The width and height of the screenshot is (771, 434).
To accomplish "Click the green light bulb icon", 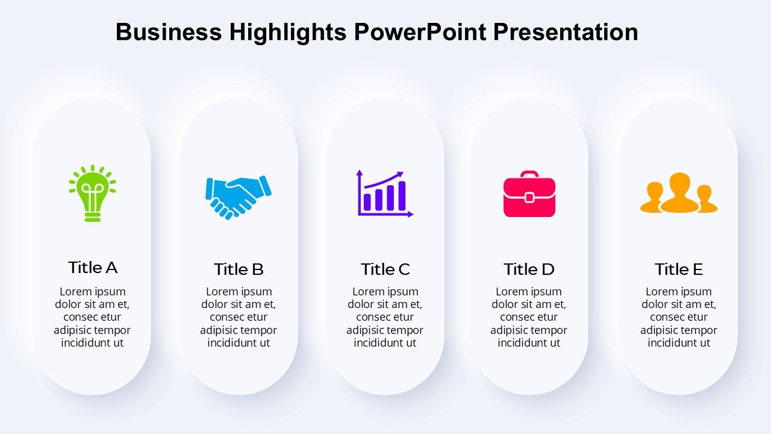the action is pos(92,193).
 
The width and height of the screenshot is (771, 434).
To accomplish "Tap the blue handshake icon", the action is pos(238,197).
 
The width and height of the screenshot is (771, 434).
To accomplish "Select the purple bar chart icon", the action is pos(384,193).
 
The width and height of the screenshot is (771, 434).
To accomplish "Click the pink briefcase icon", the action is pos(529,194).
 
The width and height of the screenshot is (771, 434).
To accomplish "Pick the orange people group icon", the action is pos(679,192).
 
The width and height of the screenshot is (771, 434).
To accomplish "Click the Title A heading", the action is pos(93,268).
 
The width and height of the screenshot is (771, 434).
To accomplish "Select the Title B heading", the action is pos(239,269).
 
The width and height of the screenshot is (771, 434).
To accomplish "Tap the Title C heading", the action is pos(385,269).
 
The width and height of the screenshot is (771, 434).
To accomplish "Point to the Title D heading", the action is pos(529,269).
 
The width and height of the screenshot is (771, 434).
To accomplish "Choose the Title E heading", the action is pos(679,269).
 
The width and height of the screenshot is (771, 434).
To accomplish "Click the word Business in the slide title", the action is pos(169,32).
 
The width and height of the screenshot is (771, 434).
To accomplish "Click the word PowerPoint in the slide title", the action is pos(420,32).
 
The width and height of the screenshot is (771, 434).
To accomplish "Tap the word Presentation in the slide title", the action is pos(566,32).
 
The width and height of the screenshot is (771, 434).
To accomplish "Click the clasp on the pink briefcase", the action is pos(529,198).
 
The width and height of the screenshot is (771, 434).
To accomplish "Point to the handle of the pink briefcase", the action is pos(529,174).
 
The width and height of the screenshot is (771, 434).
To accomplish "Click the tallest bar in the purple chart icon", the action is pos(402,196).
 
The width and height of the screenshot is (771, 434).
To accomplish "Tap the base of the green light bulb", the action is pos(92,217).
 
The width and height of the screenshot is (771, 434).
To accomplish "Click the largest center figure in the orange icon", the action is pos(680,192).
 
